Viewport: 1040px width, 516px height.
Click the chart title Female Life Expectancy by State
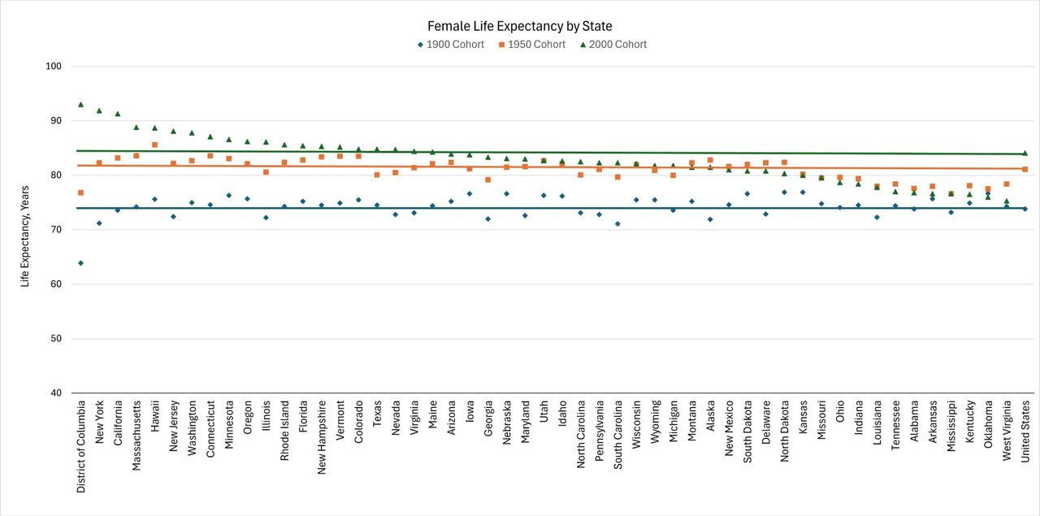tap(519, 26)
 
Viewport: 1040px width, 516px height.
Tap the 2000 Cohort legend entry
tap(612, 45)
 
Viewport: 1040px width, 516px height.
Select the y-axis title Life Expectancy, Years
tap(25, 230)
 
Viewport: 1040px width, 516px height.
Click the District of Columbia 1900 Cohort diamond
tap(80, 262)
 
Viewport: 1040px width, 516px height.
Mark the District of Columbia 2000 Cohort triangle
tap(80, 105)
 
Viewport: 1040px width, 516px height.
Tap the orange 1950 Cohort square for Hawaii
tap(154, 145)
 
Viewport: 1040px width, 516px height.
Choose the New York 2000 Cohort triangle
tap(99, 111)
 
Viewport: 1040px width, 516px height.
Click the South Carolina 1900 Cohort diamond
tap(617, 223)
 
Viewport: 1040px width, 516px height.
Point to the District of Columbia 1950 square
tap(80, 193)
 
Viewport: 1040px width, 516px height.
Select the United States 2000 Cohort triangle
tap(1025, 153)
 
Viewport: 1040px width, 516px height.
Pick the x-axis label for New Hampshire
tap(322, 438)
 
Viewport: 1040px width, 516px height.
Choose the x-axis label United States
tap(1025, 431)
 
